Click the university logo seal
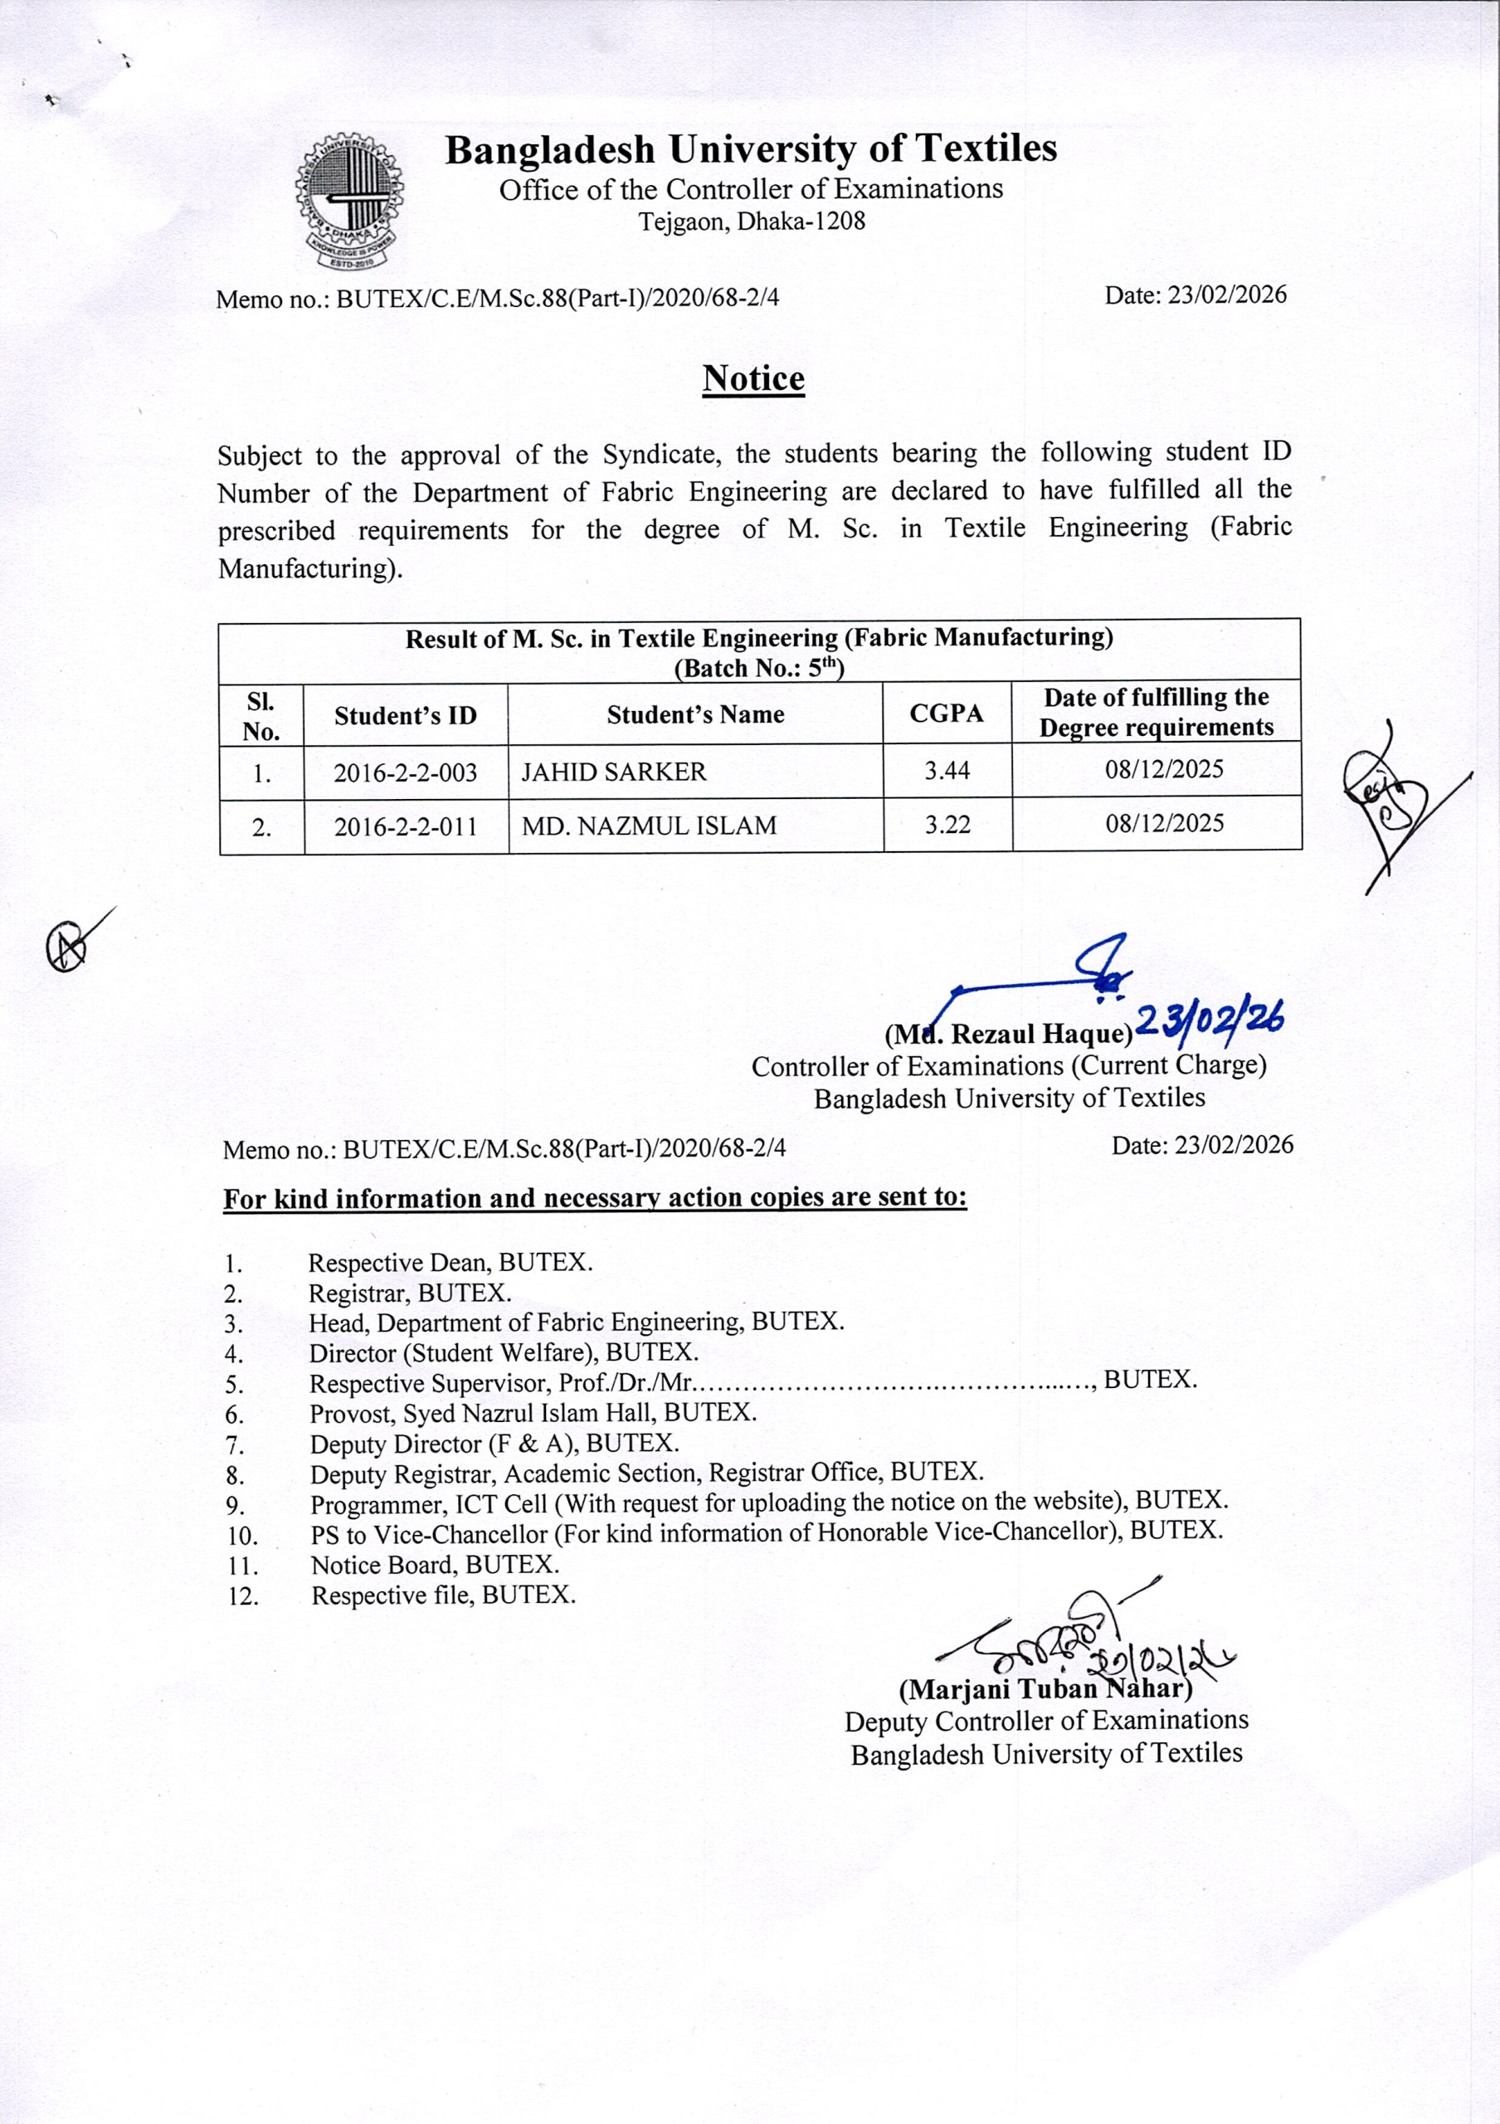pyautogui.click(x=348, y=201)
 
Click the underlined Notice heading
pyautogui.click(x=752, y=378)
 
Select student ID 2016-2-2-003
pyautogui.click(x=405, y=772)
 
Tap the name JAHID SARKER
pyautogui.click(x=613, y=772)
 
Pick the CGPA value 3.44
pyautogui.click(x=947, y=770)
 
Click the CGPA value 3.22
pyautogui.click(x=947, y=824)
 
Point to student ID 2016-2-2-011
pyautogui.click(x=405, y=826)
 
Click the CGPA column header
pyautogui.click(x=947, y=714)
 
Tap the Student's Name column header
pyautogui.click(x=694, y=714)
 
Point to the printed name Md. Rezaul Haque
pyautogui.click(x=1008, y=1032)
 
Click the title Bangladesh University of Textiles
pyautogui.click(x=750, y=149)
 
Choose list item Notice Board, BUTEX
pyautogui.click(x=435, y=1566)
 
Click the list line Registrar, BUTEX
pyautogui.click(x=410, y=1293)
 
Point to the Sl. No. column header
pyautogui.click(x=261, y=715)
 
